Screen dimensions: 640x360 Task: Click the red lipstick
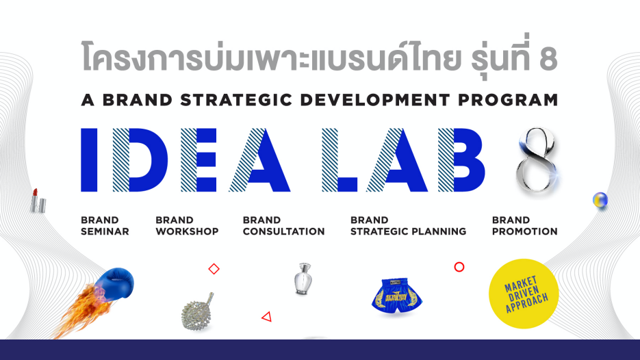click(38, 201)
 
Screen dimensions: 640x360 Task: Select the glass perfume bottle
click(303, 279)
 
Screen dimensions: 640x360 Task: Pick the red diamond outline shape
click(214, 269)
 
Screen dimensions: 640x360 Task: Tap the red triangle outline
click(267, 316)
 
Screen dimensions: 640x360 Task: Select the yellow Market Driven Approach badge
click(524, 294)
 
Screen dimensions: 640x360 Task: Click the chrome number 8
click(537, 159)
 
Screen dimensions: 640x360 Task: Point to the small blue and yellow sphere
click(600, 200)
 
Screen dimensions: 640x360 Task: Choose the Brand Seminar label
click(105, 226)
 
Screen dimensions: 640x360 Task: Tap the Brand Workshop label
click(187, 226)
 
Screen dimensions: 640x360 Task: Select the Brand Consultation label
click(283, 226)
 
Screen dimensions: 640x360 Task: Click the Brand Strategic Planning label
click(408, 226)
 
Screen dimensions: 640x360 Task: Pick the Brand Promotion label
click(524, 226)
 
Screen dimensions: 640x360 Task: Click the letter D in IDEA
click(140, 160)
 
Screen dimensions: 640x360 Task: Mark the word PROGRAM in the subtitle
click(508, 100)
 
